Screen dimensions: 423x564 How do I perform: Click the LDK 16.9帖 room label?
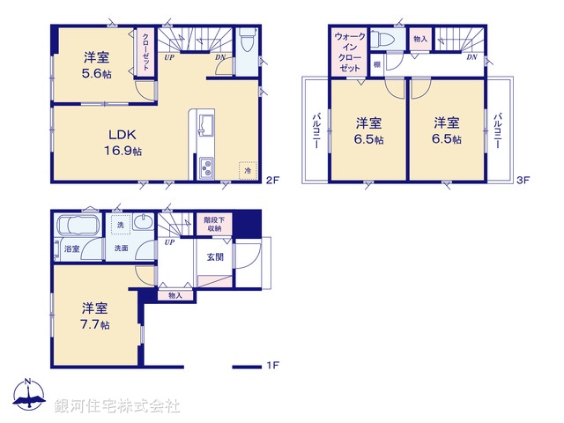(x=125, y=142)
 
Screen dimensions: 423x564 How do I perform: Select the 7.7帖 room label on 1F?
(x=95, y=315)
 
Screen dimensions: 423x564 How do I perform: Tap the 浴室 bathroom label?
(x=71, y=249)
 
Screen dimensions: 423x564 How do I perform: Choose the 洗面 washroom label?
(x=120, y=249)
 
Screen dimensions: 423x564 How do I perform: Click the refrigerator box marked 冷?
(x=248, y=169)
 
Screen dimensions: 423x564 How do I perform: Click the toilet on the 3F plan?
(x=382, y=41)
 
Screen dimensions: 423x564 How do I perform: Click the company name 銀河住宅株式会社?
(x=116, y=406)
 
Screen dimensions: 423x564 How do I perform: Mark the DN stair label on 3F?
(x=471, y=58)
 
